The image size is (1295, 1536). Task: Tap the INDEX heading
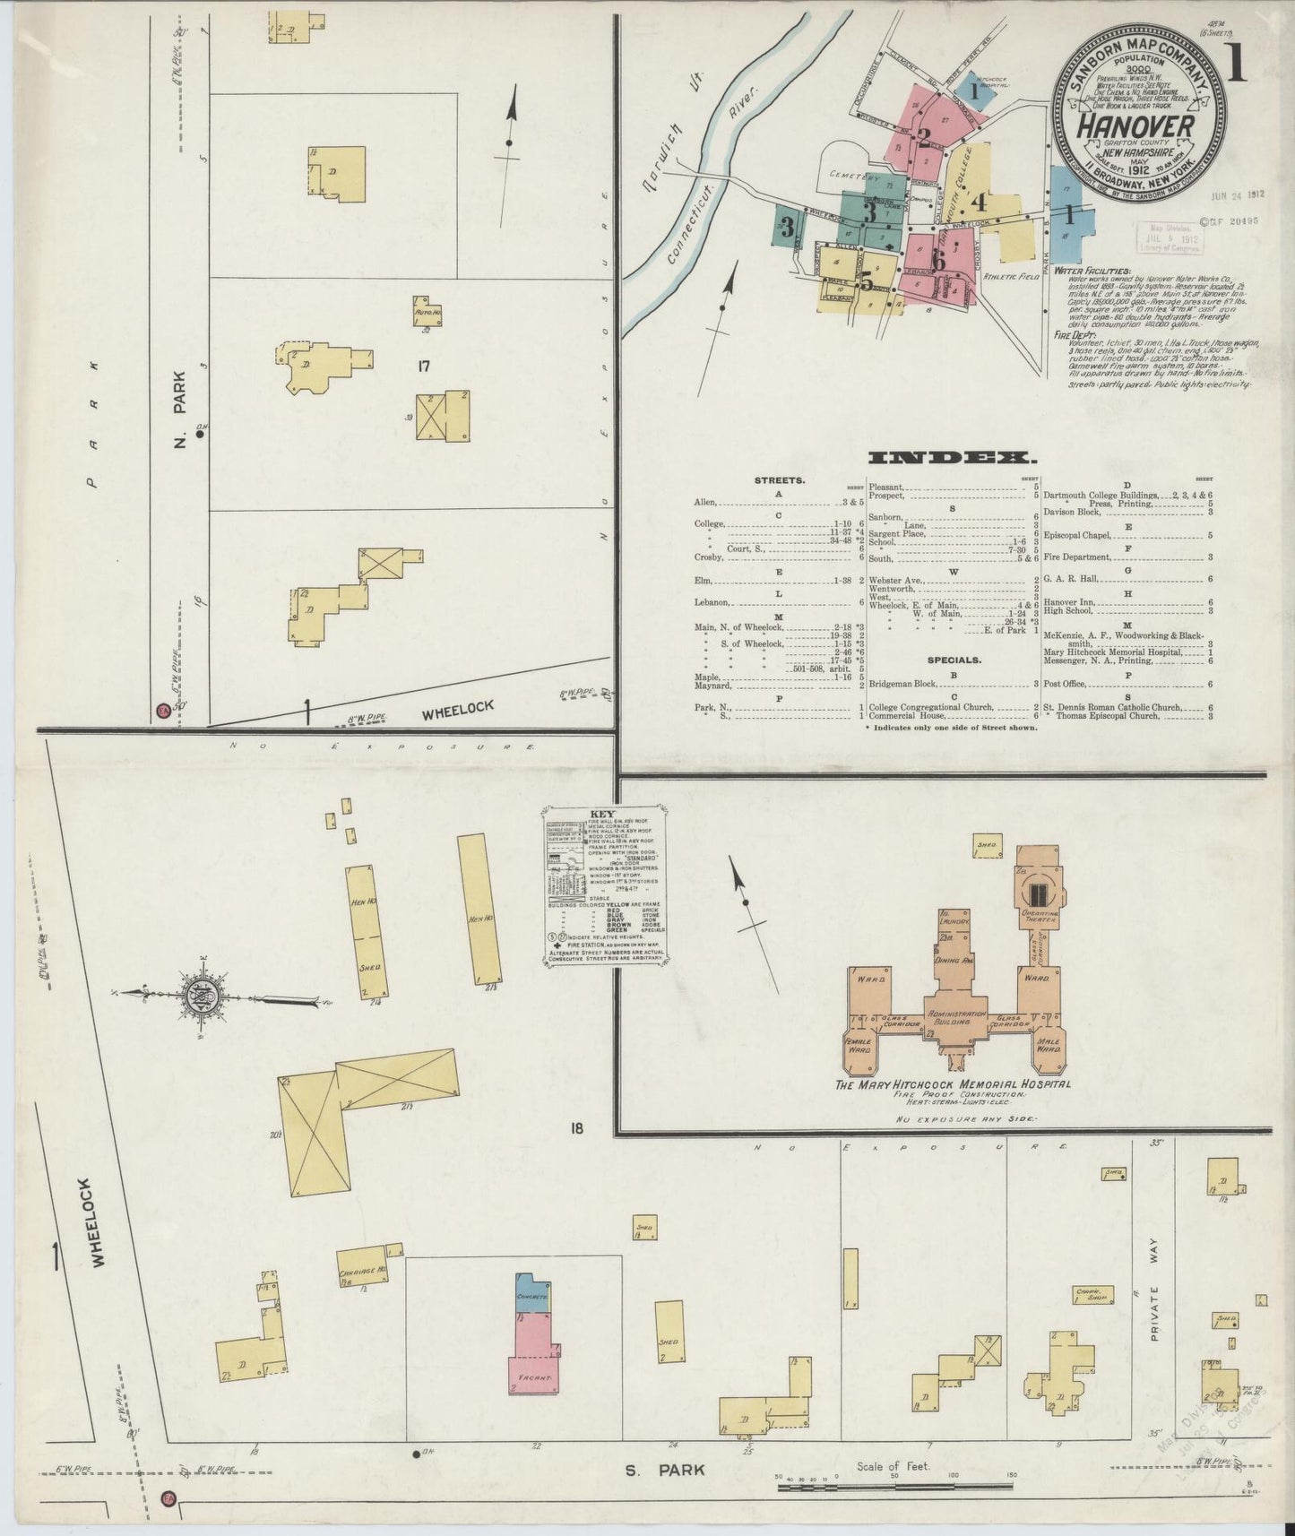(x=948, y=458)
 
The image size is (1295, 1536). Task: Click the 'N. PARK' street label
(x=180, y=409)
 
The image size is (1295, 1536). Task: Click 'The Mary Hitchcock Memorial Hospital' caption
(x=954, y=1084)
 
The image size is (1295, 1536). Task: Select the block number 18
(x=574, y=1128)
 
